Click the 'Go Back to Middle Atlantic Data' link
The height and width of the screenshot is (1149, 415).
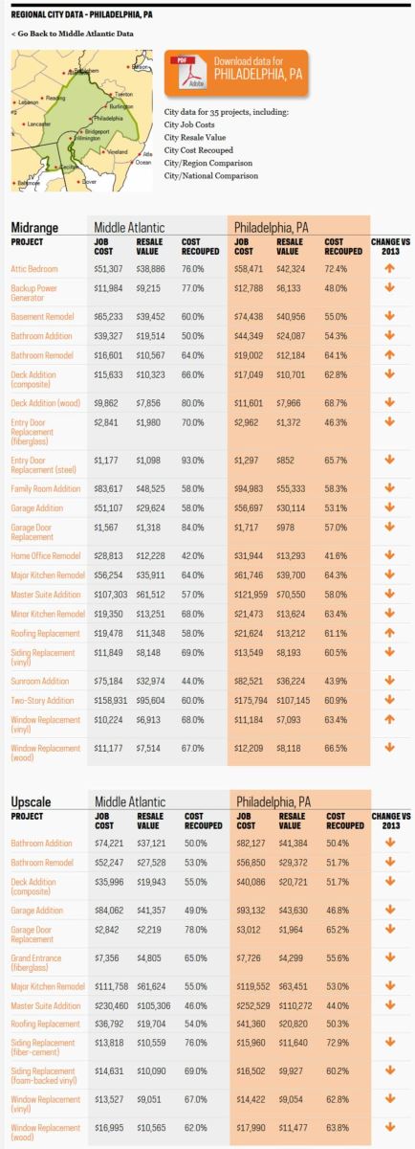tap(73, 34)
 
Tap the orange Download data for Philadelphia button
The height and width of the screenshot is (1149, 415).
tap(236, 73)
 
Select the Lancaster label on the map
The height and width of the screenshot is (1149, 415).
tap(39, 124)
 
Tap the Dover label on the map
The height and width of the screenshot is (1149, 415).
tap(91, 181)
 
